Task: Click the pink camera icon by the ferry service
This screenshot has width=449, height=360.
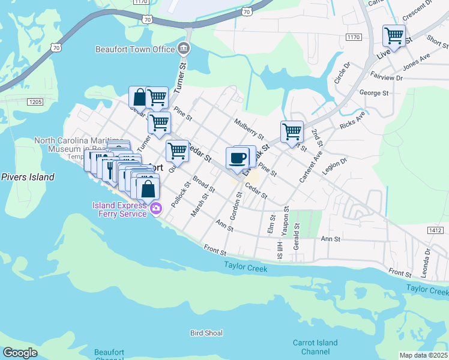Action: (156, 209)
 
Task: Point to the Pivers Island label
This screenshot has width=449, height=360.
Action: (28, 177)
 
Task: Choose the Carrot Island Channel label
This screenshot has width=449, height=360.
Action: (315, 347)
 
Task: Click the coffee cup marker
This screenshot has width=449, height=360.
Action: (238, 158)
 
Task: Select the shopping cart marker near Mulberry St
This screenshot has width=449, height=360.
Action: (292, 131)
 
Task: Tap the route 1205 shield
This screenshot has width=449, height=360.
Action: (35, 102)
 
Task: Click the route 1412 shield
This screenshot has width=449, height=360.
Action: (437, 230)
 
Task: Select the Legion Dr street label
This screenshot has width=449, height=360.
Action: (336, 167)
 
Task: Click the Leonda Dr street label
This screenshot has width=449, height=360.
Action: (427, 262)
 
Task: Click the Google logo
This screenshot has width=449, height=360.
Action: (20, 353)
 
